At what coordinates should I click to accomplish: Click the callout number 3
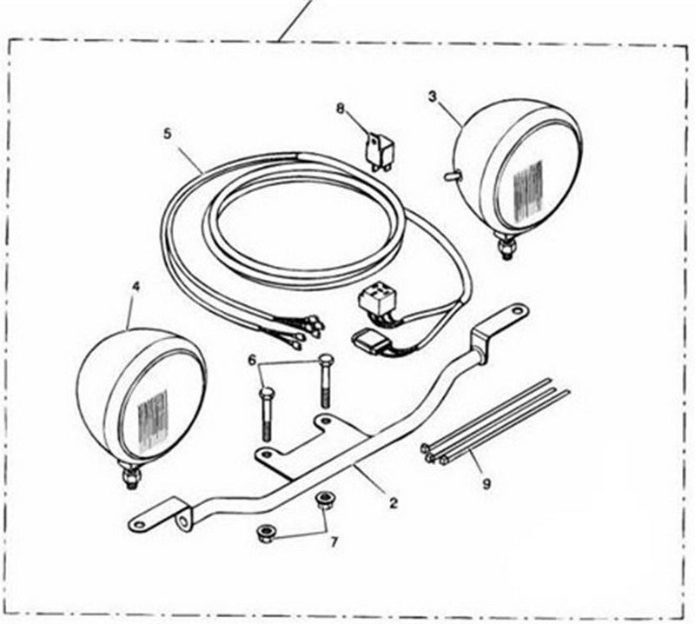[433, 96]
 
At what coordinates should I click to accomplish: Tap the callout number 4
[136, 287]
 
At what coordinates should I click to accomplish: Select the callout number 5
[167, 134]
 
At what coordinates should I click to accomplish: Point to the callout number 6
[252, 360]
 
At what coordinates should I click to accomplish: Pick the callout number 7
[334, 541]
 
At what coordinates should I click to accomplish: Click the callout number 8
[340, 109]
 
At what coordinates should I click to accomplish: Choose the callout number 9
[486, 484]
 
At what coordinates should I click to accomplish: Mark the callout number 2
[394, 503]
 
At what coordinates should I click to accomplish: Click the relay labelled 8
[381, 152]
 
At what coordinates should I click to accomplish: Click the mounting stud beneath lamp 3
[507, 249]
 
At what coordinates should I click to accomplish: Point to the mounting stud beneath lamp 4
[130, 476]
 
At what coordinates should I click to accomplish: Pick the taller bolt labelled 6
[325, 381]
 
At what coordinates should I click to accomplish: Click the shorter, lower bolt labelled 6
[265, 415]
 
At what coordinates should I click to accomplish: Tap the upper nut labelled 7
[322, 501]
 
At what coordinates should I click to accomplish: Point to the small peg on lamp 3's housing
[451, 176]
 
